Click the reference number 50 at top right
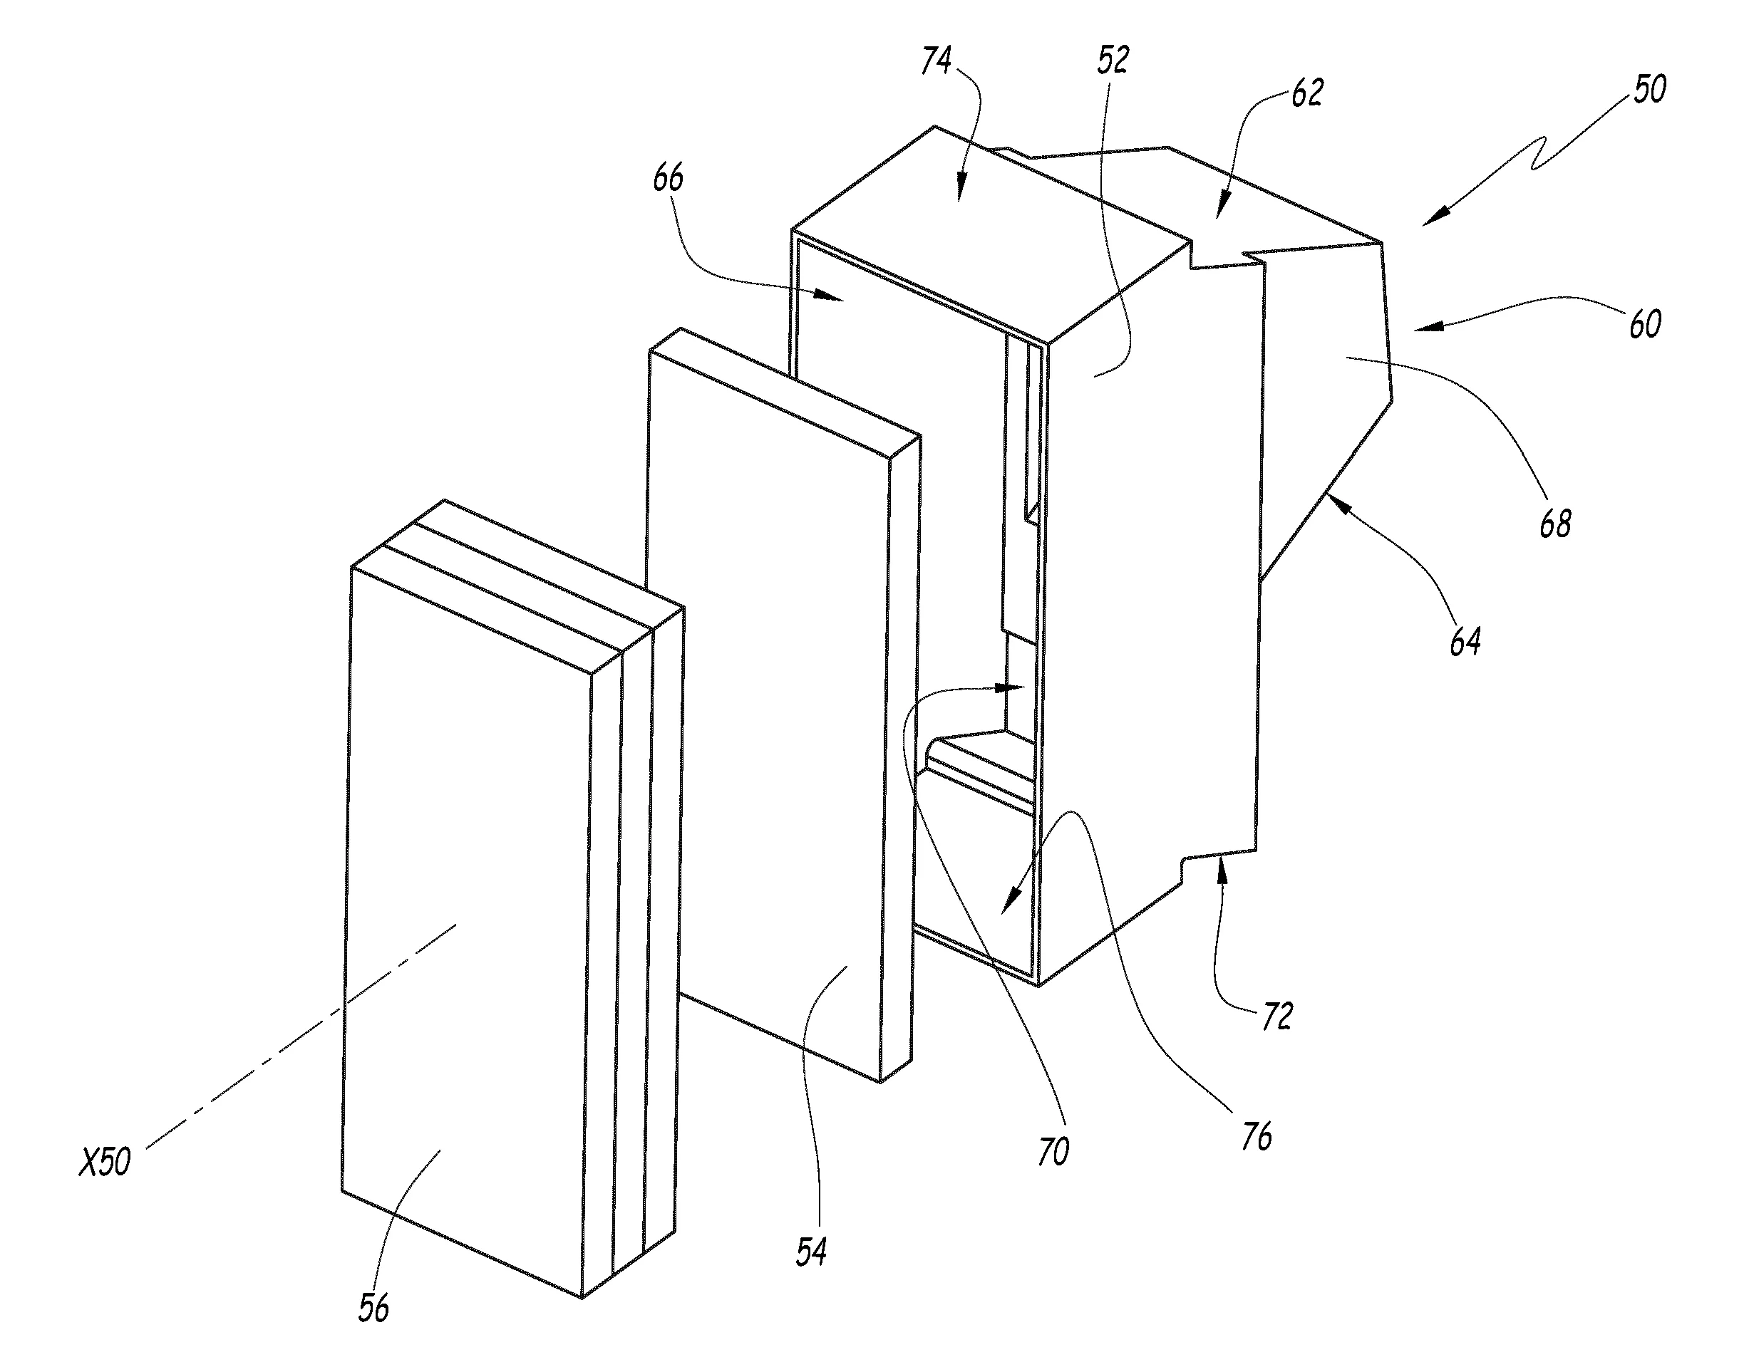pyautogui.click(x=1650, y=89)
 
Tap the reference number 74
pyautogui.click(x=937, y=60)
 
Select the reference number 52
pyautogui.click(x=1113, y=60)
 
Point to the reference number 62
pyautogui.click(x=1306, y=93)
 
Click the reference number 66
pyautogui.click(x=668, y=178)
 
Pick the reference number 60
pyautogui.click(x=1645, y=323)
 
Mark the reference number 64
pyautogui.click(x=1465, y=641)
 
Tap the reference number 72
pyautogui.click(x=1276, y=1016)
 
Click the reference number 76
pyautogui.click(x=1256, y=1136)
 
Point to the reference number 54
pyautogui.click(x=810, y=1252)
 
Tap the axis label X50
pyautogui.click(x=104, y=1162)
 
